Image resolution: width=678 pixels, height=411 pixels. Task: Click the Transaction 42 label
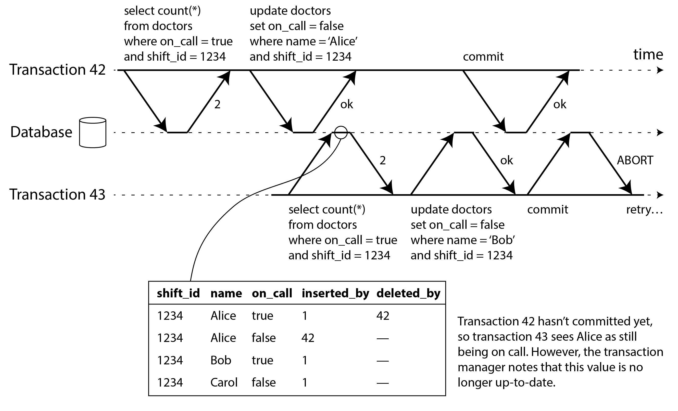(x=57, y=70)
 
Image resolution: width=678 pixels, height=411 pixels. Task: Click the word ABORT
(x=635, y=160)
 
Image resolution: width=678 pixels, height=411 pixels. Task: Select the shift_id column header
(x=178, y=293)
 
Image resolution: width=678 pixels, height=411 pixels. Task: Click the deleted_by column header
(x=408, y=293)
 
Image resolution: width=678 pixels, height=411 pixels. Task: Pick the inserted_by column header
(x=335, y=293)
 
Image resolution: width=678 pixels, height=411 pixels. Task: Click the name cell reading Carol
(x=224, y=382)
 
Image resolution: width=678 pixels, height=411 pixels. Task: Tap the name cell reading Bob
(x=221, y=360)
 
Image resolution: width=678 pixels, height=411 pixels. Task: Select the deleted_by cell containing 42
(x=383, y=316)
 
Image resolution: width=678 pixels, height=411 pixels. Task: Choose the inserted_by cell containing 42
(x=308, y=338)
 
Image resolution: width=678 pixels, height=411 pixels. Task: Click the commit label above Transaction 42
(x=483, y=57)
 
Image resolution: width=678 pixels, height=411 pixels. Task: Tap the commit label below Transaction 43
(x=548, y=209)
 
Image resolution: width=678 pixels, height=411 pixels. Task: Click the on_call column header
(x=272, y=293)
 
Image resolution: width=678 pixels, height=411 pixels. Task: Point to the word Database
(x=41, y=132)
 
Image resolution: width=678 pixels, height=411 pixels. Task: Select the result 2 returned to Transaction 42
(x=217, y=104)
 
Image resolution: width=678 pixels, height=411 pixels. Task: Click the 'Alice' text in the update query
(x=343, y=42)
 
